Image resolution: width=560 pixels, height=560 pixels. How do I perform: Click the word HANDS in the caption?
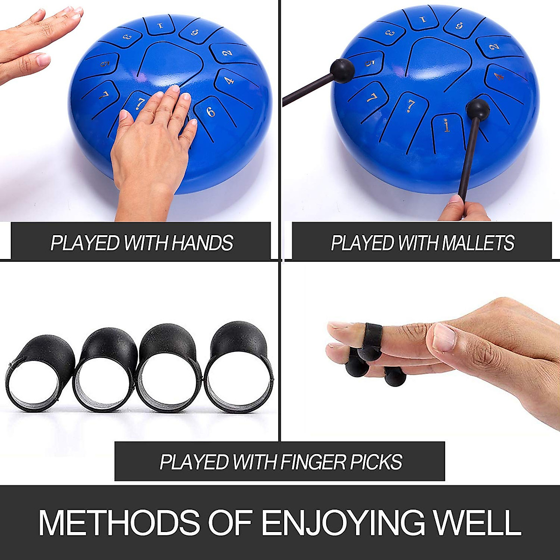coord(202,243)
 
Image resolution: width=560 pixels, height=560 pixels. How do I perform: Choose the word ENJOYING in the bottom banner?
coord(343,522)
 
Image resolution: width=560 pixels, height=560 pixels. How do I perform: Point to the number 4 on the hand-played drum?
coord(229,81)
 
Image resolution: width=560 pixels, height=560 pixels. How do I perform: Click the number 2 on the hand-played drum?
coord(227,53)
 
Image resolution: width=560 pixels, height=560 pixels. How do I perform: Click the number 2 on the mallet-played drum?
coord(494,47)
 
